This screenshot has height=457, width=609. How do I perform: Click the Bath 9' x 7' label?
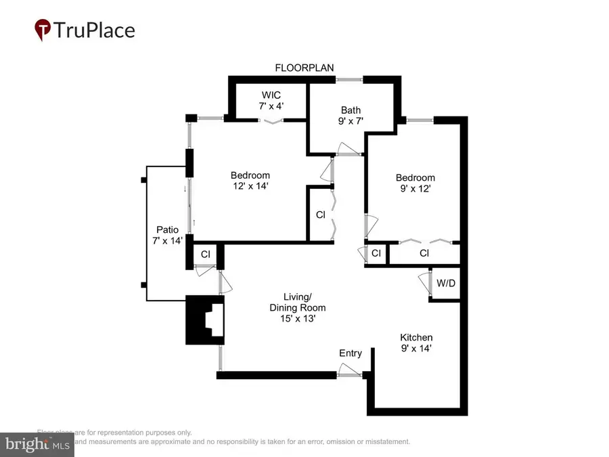(x=351, y=116)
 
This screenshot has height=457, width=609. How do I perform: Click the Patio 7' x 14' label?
(x=167, y=235)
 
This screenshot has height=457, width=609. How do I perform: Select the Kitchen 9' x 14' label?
(x=416, y=343)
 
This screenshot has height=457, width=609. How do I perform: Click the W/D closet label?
(x=446, y=283)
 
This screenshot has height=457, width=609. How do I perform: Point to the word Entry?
(x=351, y=353)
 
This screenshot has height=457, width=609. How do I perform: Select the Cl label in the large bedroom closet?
(x=321, y=215)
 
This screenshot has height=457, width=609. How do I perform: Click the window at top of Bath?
(x=350, y=80)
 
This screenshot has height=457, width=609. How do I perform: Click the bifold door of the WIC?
(x=273, y=121)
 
